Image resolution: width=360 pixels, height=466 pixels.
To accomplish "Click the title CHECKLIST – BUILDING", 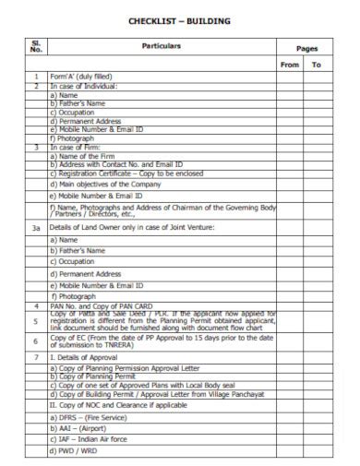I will [179, 20].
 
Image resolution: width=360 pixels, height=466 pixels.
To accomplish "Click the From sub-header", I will [289, 65].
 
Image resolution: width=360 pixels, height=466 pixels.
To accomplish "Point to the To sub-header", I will [316, 65].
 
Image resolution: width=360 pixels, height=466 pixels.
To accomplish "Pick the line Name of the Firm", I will [90, 156].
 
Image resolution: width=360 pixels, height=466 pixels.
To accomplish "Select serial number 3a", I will [36, 226].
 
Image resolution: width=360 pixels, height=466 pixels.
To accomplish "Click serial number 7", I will [36, 356].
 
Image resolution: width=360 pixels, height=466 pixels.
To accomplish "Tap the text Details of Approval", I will [90, 356].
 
